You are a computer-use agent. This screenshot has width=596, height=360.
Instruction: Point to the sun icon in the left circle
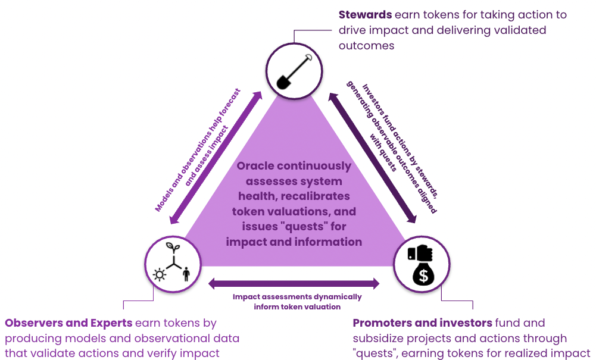[x=159, y=274]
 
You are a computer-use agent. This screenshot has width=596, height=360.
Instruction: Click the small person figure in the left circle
[x=186, y=274]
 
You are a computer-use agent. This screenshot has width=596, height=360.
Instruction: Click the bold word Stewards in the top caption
[x=364, y=14]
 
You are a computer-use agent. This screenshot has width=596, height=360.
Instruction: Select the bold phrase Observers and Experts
[x=68, y=323]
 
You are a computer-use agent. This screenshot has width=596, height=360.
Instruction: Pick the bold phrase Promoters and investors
[x=423, y=323]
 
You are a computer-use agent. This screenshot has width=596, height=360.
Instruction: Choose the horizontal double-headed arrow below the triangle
[x=294, y=283]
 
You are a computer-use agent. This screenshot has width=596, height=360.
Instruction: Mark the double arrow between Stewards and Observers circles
[x=216, y=158]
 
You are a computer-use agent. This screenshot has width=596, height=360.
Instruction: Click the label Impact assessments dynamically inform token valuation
[x=297, y=302]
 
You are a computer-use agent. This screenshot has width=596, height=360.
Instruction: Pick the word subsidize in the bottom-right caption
[x=382, y=339]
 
